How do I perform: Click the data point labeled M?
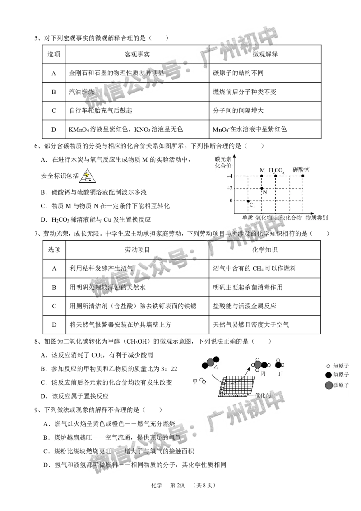pyautogui.click(x=262, y=176)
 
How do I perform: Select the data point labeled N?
pyautogui.click(x=262, y=188)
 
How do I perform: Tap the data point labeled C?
pyautogui.click(x=248, y=201)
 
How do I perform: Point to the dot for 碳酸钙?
pyautogui.click(x=303, y=176)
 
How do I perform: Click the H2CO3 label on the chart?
pyautogui.click(x=276, y=170)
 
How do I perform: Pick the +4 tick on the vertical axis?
pyautogui.click(x=229, y=176)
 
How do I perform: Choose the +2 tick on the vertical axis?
pyautogui.click(x=229, y=188)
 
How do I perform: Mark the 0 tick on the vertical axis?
pyautogui.click(x=231, y=201)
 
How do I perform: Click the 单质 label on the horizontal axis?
pyautogui.click(x=247, y=218)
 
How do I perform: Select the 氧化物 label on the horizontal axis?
pyautogui.click(x=264, y=218)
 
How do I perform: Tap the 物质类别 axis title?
pyautogui.click(x=316, y=218)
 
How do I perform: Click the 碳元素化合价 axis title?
pyautogui.click(x=223, y=163)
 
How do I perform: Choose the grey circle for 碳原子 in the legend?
pyautogui.click(x=328, y=385)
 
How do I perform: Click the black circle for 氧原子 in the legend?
pyautogui.click(x=328, y=375)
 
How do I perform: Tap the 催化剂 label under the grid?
pyautogui.click(x=263, y=395)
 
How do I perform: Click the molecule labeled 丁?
pyautogui.click(x=278, y=365)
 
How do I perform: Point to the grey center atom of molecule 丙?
pyautogui.click(x=258, y=364)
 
